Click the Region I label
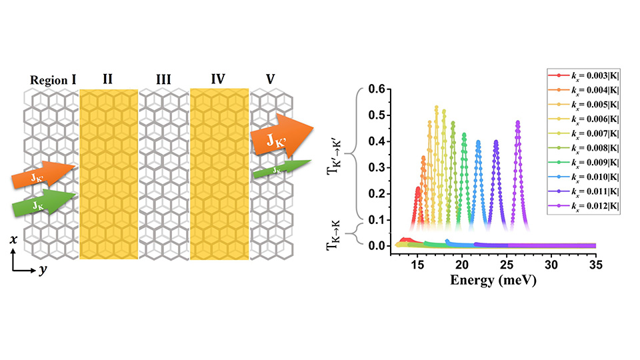tap(53, 80)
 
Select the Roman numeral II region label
tap(108, 80)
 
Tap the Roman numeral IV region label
tap(218, 80)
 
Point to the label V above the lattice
tap(270, 80)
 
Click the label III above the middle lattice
tap(163, 80)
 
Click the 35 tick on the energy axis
tap(595, 265)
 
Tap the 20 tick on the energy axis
tap(461, 265)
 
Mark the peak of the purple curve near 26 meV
tap(518, 122)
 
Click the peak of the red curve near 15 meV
tap(418, 187)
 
